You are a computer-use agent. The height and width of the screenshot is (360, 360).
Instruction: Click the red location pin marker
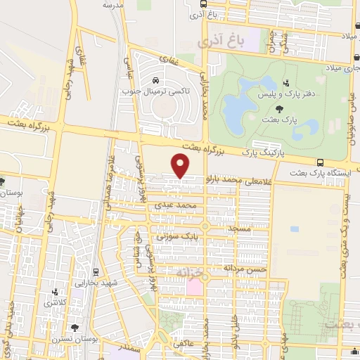point(181,165)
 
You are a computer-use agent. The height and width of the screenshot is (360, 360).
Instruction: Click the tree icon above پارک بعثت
point(281,108)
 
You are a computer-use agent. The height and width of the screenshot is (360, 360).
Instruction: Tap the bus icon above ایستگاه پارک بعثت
point(320,161)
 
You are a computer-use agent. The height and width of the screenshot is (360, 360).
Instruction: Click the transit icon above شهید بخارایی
point(96,271)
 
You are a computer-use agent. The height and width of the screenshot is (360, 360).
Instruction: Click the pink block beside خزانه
point(194,288)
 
